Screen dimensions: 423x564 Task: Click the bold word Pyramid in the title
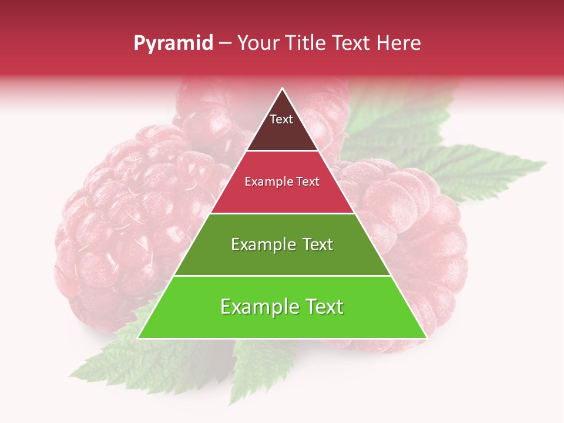click(x=173, y=43)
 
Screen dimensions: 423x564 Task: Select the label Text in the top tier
click(x=281, y=119)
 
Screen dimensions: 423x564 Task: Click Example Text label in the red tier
click(x=282, y=182)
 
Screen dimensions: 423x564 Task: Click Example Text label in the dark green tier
click(x=282, y=244)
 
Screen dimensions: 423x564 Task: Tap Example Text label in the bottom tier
click(x=282, y=307)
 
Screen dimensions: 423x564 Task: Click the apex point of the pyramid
click(x=282, y=89)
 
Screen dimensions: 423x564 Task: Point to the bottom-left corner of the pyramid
click(x=139, y=338)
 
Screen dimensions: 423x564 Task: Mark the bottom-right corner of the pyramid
click(x=426, y=338)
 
